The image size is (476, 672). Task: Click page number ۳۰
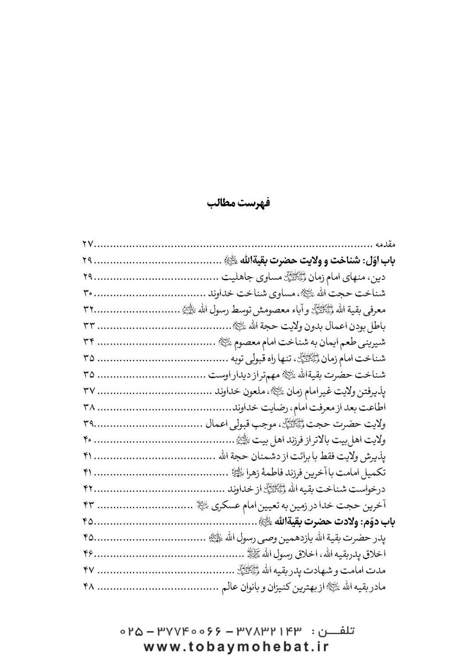pyautogui.click(x=89, y=292)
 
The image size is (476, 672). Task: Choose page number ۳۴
pyautogui.click(x=89, y=342)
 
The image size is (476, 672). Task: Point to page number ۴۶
pyautogui.click(x=89, y=553)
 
